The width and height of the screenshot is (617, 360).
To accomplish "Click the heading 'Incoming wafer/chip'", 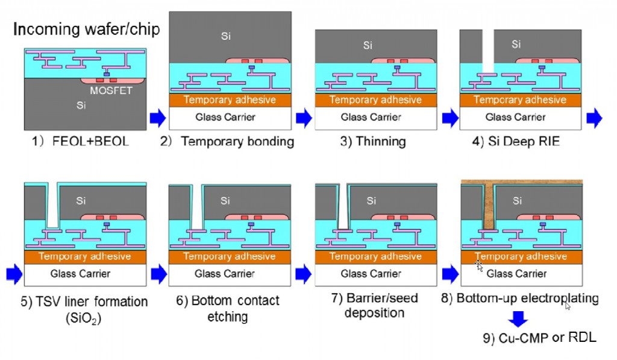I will (87, 29).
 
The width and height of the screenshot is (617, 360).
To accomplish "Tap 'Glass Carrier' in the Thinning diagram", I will (372, 117).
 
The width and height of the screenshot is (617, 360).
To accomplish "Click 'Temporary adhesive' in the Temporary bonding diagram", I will (230, 99).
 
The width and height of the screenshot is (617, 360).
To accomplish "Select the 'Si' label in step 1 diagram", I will (80, 105).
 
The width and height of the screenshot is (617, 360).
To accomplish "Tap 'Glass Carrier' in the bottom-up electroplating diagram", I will (516, 274).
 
